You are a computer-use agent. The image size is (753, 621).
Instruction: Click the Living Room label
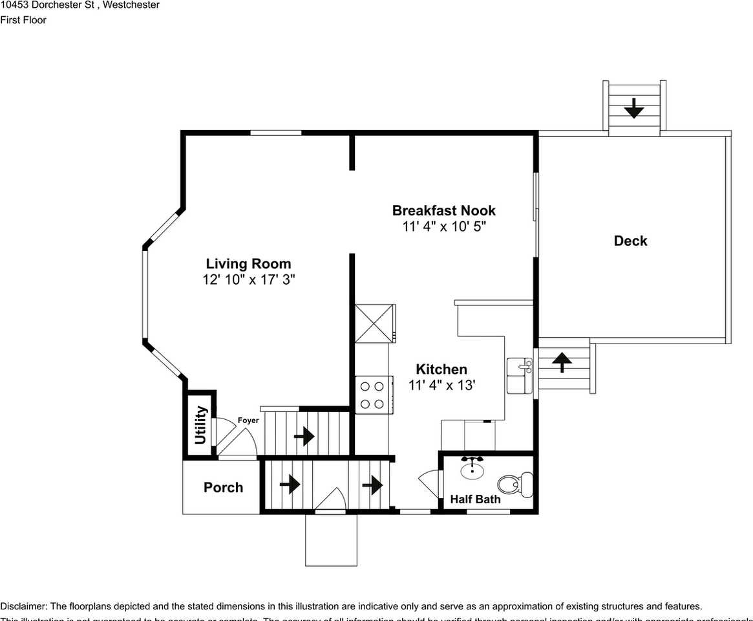[248, 264]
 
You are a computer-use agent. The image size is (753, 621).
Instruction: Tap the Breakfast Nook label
[443, 211]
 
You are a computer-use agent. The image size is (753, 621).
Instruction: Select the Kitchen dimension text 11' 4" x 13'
[441, 386]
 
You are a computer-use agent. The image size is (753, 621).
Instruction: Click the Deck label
[630, 241]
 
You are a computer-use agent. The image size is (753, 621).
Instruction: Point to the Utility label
[200, 425]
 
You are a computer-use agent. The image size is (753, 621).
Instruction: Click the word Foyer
[248, 420]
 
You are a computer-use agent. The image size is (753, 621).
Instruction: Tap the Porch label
[223, 488]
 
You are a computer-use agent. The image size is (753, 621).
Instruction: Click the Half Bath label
[475, 499]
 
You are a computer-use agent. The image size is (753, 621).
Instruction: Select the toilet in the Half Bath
[516, 483]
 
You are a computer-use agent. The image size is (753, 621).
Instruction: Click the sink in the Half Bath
[472, 468]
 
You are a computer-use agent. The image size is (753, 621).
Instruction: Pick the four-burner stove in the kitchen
[373, 395]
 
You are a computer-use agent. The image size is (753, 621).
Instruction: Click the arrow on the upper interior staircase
[304, 437]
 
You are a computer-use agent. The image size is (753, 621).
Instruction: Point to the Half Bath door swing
[428, 482]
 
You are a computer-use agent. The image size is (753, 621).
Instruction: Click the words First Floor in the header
[23, 20]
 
